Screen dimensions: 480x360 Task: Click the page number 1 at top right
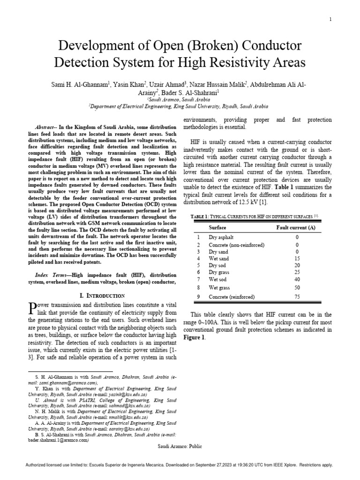(330, 19)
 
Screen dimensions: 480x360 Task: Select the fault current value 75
(297, 296)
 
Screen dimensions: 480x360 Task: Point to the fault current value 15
(297, 259)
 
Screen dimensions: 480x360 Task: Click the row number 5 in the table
(198, 266)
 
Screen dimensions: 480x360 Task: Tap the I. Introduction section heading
(102, 296)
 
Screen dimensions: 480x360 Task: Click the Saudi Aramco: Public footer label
(180, 447)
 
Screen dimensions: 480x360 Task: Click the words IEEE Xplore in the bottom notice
(282, 465)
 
